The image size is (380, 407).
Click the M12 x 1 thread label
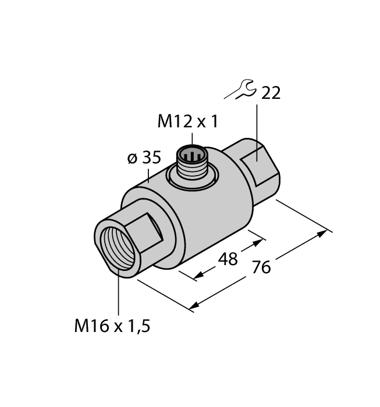[189, 122]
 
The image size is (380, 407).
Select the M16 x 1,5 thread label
[112, 327]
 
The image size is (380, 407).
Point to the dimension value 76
[262, 267]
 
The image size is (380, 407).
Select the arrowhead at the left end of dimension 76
[194, 306]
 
